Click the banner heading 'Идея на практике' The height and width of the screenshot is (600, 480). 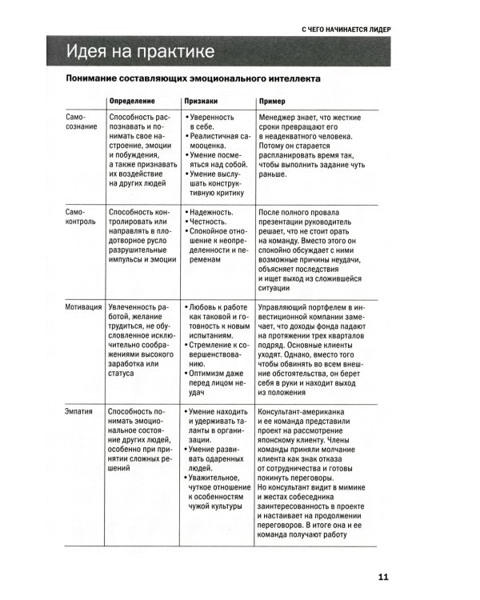140,52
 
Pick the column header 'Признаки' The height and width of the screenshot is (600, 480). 203,102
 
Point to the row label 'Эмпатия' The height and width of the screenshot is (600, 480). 80,412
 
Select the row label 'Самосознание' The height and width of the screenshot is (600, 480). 80,122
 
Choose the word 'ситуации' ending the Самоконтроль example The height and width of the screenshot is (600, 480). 276,290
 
